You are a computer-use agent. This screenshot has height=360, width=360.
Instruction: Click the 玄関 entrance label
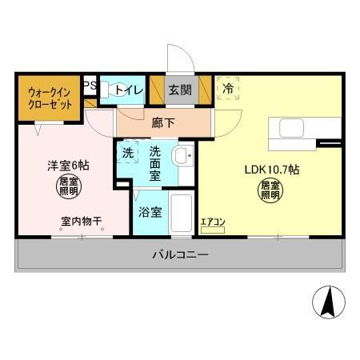tap(179, 90)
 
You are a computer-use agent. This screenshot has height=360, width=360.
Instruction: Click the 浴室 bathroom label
tap(150, 213)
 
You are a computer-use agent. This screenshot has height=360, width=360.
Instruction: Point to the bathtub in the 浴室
tap(182, 215)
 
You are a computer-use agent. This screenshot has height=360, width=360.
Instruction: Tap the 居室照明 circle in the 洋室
tap(67, 190)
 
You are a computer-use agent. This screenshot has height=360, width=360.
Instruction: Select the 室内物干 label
tap(81, 222)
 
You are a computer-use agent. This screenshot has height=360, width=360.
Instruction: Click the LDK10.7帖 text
tap(271, 170)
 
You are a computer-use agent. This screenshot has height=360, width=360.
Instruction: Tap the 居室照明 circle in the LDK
tap(270, 191)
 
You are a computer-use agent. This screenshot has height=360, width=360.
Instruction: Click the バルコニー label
tap(180, 256)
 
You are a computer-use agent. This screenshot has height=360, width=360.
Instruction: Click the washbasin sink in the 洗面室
tap(183, 155)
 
